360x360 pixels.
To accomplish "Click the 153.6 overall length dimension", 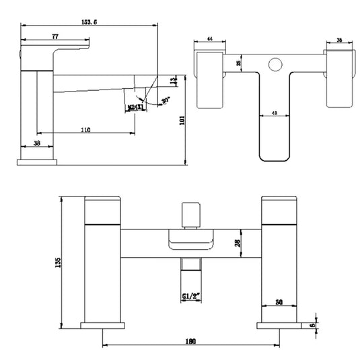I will pyautogui.click(x=90, y=23).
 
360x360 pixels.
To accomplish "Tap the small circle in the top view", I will pyautogui.click(x=275, y=66).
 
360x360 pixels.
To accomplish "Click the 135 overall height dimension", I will pyautogui.click(x=59, y=260).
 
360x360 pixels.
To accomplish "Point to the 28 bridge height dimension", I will pyautogui.click(x=236, y=244).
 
